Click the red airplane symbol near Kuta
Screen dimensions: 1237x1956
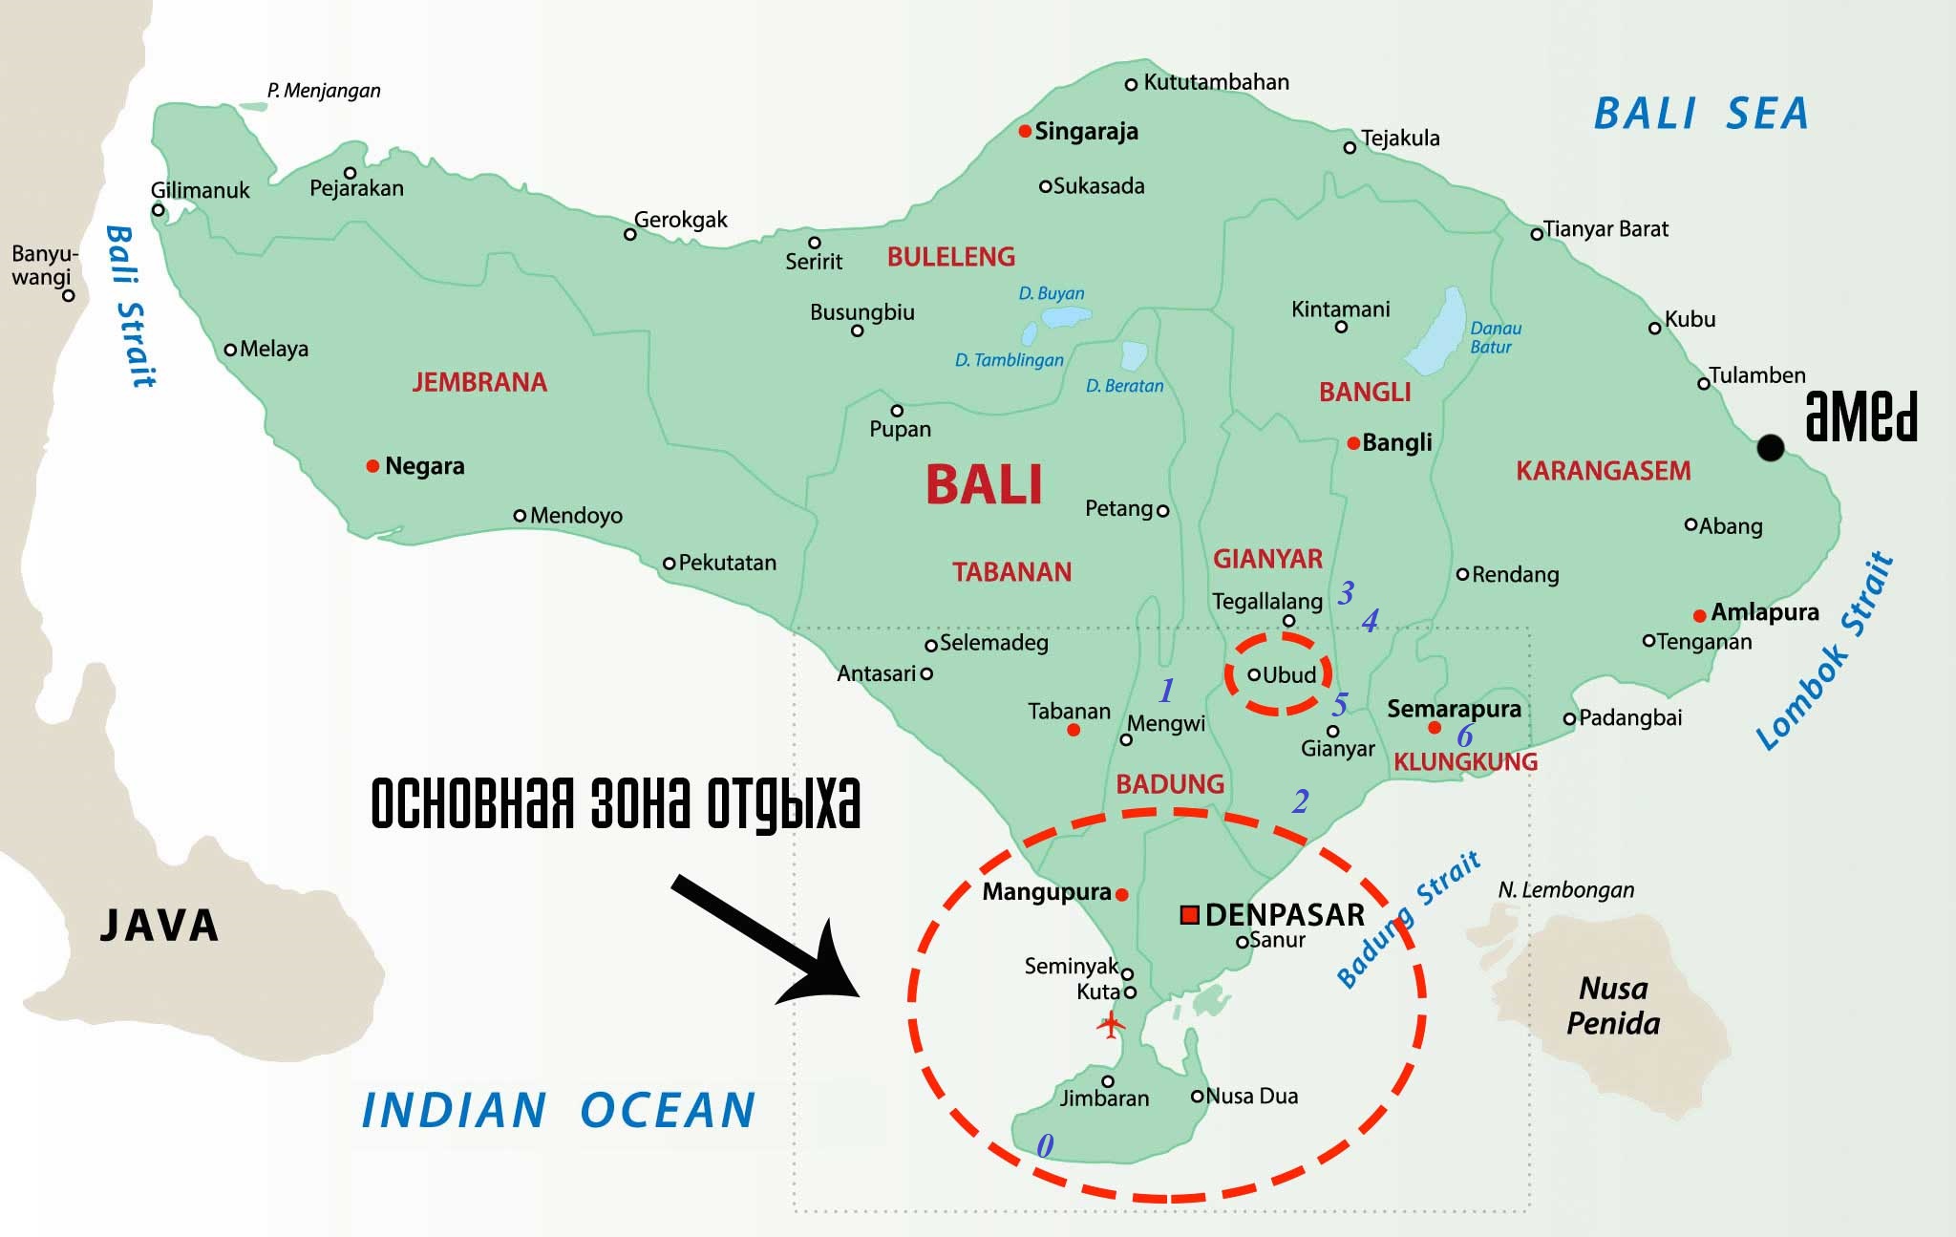[1110, 1028]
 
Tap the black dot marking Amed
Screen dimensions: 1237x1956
[1770, 447]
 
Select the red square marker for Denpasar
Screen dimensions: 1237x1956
[1189, 915]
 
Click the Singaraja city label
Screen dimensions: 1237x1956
[1086, 132]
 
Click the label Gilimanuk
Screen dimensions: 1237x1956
[200, 190]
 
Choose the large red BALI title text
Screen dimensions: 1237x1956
[984, 484]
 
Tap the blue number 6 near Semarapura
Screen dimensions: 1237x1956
[1465, 736]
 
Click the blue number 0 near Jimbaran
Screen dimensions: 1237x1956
[1045, 1145]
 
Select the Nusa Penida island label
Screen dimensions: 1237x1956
[1613, 1006]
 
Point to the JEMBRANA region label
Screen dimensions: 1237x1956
[479, 382]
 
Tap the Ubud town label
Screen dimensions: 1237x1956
[1289, 675]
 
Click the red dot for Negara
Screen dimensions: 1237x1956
[372, 466]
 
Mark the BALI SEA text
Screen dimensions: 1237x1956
[1701, 114]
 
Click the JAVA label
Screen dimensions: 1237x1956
[159, 926]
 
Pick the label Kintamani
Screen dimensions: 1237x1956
[1340, 309]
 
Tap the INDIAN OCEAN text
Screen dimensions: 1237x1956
[559, 1111]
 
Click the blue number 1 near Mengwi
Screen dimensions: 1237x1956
[1166, 690]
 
